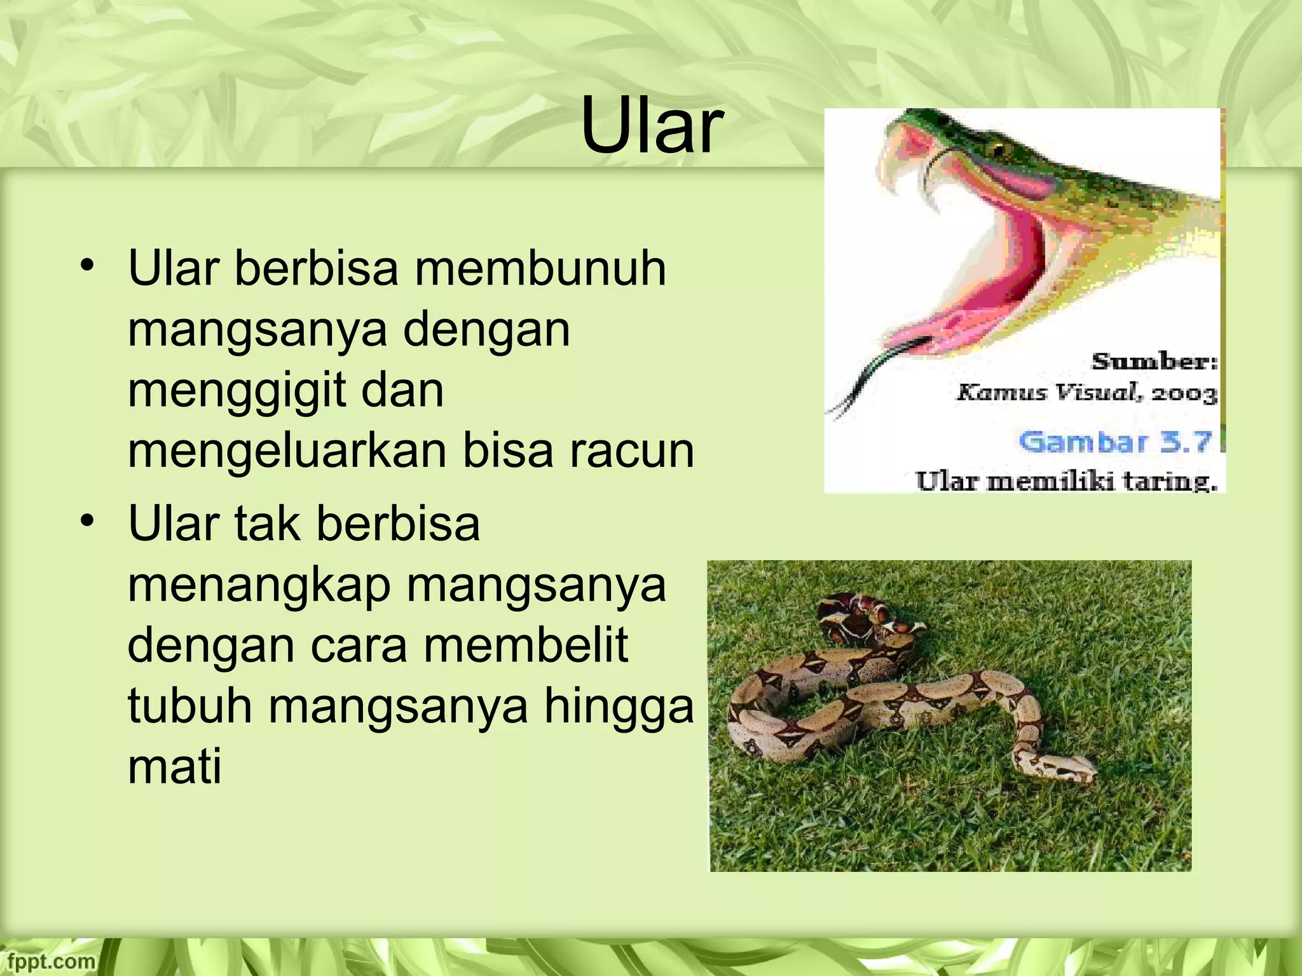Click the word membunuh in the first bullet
pos(540,269)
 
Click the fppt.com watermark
pos(48,961)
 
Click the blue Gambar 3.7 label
pos(1116,441)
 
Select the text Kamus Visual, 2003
pos(1086,393)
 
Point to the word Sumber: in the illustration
pos(1155,362)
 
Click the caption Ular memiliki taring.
pos(1066,480)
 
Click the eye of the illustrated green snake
pos(997,150)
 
